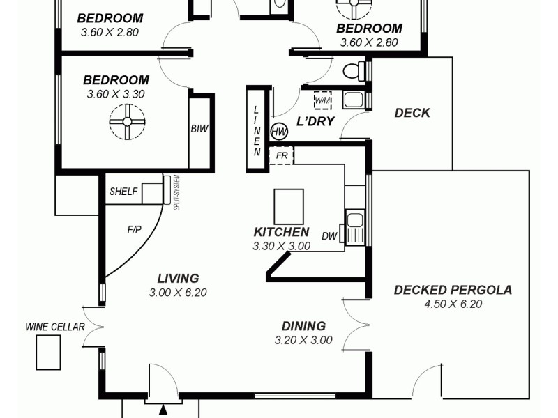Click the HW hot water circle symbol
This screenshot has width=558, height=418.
[x=279, y=131]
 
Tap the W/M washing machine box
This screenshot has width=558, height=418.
[x=322, y=100]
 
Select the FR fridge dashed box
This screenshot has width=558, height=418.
[x=282, y=155]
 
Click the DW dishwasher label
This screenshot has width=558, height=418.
[x=329, y=236]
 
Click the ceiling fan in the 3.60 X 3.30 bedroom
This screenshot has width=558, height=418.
[x=127, y=121]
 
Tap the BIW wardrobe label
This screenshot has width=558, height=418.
[x=199, y=129]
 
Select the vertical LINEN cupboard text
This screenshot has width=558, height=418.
[x=257, y=130]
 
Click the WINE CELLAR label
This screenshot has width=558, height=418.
[x=55, y=326]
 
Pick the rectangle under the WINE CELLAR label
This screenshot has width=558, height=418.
[x=48, y=353]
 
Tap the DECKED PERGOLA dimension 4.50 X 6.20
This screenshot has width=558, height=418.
[x=453, y=304]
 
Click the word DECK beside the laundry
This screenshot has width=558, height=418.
[x=412, y=113]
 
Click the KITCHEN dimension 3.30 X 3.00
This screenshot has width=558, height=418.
[x=281, y=246]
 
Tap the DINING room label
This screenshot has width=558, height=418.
[x=303, y=325]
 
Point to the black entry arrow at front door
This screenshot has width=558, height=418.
[x=163, y=410]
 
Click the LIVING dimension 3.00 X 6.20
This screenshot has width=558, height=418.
[x=178, y=293]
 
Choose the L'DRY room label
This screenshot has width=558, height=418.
[x=315, y=121]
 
